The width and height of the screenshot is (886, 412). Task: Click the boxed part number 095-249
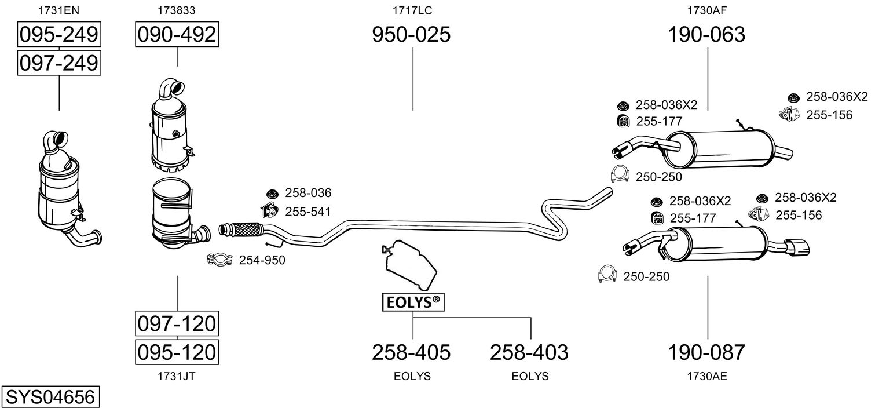58,35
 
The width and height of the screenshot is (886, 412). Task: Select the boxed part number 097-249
58,63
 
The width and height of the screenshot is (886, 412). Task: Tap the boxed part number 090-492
177,35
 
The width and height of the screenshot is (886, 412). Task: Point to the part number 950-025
411,35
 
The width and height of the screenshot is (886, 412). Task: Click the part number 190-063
706,35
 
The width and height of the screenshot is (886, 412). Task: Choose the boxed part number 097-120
177,323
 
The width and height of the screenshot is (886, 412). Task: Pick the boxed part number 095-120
177,352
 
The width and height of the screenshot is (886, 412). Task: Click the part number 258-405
411,352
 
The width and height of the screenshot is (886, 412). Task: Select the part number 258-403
529,352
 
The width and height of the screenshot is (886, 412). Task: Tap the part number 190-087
706,352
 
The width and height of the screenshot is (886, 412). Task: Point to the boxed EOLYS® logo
412,302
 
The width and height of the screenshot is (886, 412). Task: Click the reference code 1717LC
412,10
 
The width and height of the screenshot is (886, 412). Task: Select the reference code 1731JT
177,376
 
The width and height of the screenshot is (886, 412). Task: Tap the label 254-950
262,261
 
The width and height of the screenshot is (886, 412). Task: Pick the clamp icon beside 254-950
219,260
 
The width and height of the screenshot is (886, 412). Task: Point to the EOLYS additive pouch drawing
410,264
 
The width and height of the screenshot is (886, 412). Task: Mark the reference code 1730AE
707,376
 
